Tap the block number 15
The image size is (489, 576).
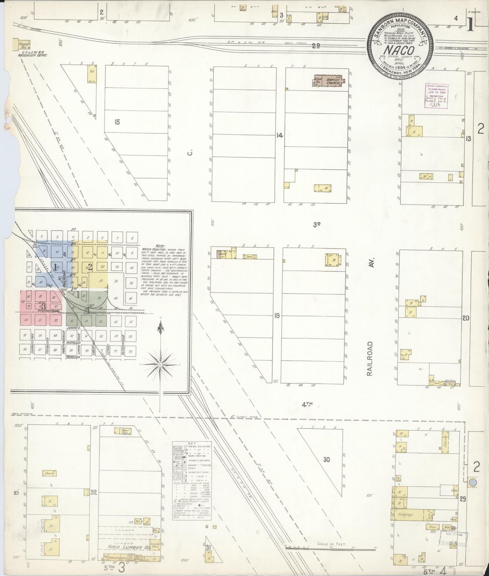[x=117, y=122]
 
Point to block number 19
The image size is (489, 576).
[x=277, y=316]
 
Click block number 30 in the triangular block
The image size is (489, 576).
[x=326, y=459]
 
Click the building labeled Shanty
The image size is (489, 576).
[x=49, y=473]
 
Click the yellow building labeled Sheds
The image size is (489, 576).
[x=446, y=446]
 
